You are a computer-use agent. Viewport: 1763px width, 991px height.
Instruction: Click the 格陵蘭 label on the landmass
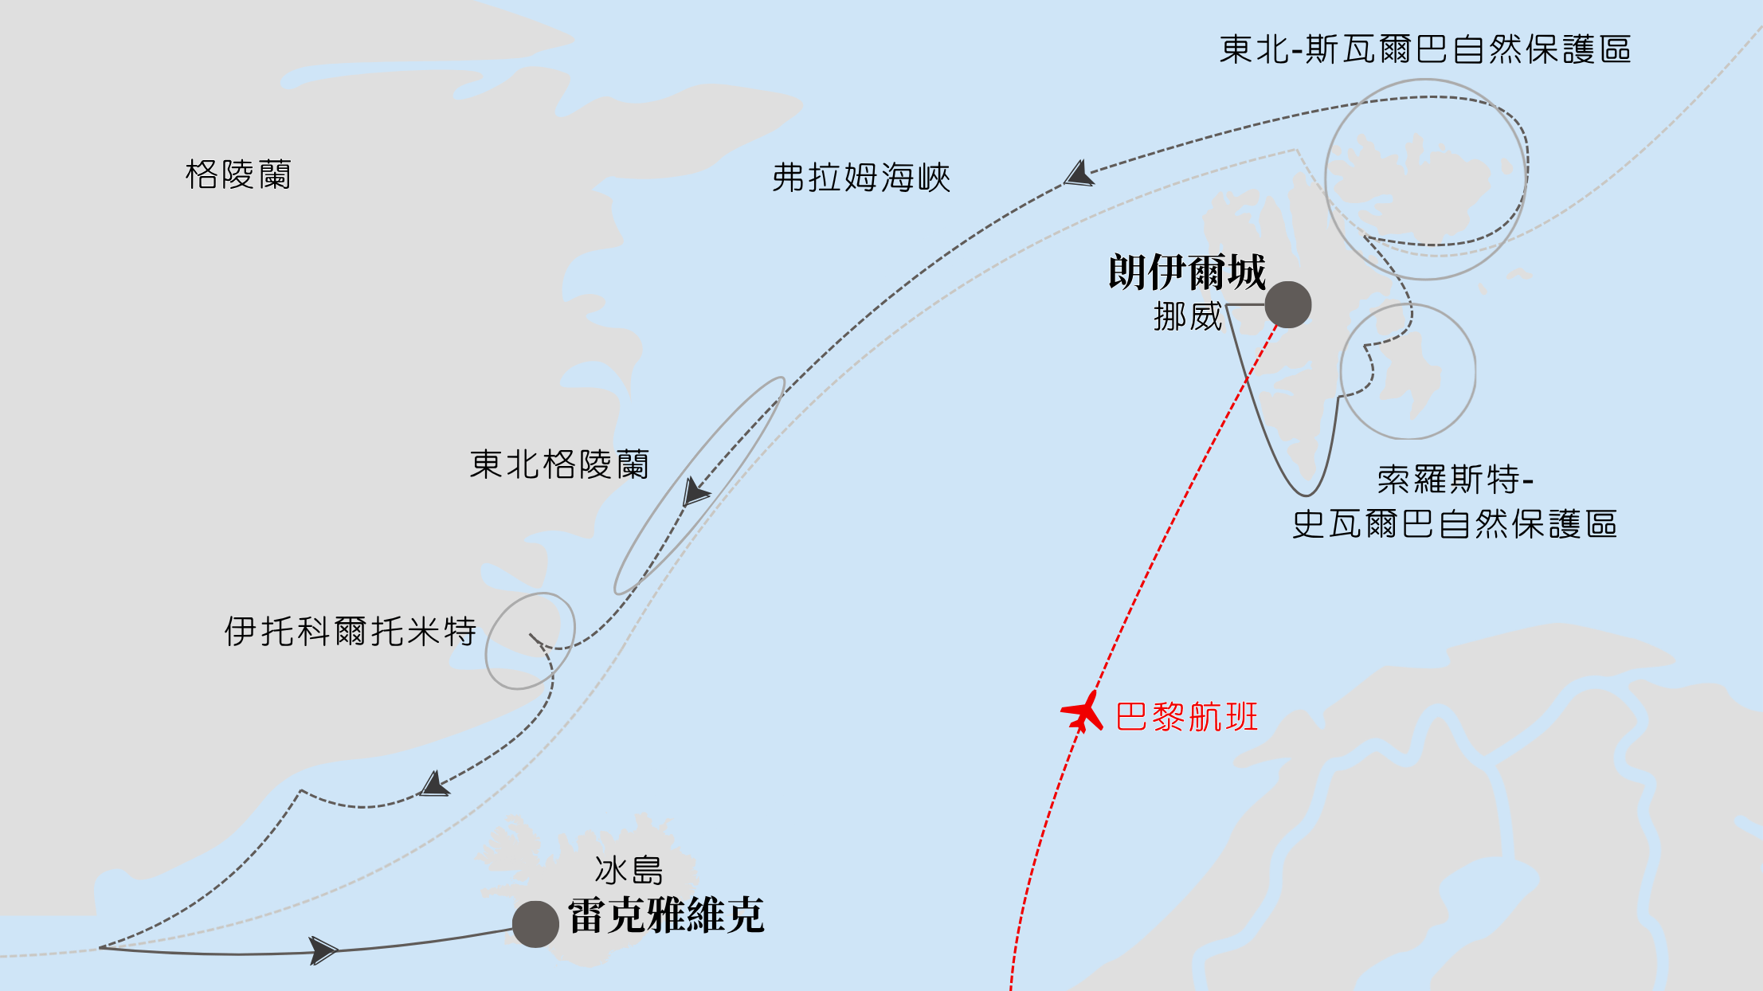click(x=238, y=174)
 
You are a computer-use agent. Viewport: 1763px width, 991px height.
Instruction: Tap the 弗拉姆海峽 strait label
click(x=861, y=178)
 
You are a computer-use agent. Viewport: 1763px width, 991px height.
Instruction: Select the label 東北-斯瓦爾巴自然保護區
click(x=1424, y=49)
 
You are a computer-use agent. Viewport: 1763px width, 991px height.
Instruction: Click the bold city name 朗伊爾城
click(x=1186, y=272)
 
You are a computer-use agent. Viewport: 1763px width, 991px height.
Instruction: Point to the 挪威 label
click(x=1187, y=317)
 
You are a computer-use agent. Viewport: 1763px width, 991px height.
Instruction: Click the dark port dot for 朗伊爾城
click(x=1287, y=304)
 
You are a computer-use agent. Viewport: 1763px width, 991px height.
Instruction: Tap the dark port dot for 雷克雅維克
click(x=535, y=924)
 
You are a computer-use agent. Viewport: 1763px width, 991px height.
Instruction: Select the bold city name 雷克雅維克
click(x=666, y=915)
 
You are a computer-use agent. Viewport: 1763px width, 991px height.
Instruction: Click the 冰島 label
click(x=629, y=871)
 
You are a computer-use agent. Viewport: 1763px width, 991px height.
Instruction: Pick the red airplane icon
click(x=1083, y=711)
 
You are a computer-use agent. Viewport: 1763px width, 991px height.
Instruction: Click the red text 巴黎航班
click(x=1186, y=717)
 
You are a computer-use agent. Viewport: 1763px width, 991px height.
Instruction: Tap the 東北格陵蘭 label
click(x=559, y=464)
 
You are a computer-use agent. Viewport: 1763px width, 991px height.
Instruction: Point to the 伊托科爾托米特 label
click(x=350, y=632)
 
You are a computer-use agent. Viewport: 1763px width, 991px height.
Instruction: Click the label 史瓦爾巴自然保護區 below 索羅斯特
click(x=1454, y=524)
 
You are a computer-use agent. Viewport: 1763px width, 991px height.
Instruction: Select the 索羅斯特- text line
click(x=1455, y=480)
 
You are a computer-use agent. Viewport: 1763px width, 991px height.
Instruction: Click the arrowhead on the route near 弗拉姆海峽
click(x=1079, y=174)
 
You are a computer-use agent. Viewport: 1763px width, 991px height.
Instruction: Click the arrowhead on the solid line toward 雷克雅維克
click(x=323, y=950)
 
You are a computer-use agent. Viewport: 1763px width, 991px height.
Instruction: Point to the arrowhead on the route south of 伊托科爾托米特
click(x=434, y=785)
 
